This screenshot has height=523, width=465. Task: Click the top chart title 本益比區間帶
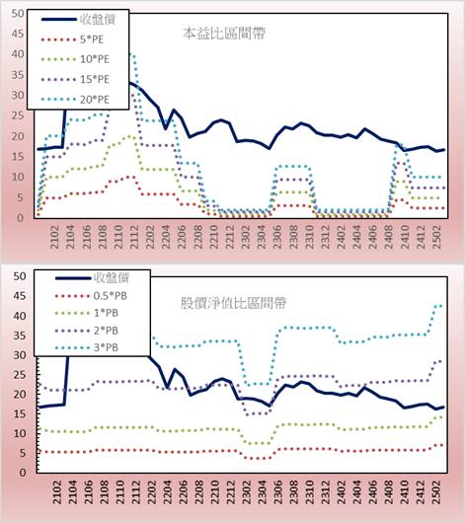pos(224,34)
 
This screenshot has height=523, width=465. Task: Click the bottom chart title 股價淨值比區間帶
pos(233,303)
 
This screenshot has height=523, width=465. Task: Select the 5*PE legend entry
pos(72,39)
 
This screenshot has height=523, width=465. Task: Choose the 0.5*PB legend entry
pos(91,296)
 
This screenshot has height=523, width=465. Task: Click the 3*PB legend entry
pos(87,347)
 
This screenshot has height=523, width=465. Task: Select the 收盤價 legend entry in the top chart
pos(78,20)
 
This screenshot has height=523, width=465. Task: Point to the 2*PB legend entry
pos(87,331)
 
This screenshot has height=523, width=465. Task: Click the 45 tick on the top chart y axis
pos(18,34)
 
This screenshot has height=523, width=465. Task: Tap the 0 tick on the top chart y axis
pos(21,218)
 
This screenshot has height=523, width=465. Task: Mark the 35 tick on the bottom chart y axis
pos(20,336)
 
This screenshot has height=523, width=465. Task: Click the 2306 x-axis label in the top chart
pos(277,237)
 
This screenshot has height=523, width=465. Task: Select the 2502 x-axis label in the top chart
pos(436,237)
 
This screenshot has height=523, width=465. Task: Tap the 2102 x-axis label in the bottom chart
pos(56,492)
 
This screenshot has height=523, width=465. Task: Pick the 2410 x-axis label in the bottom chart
pos(405,492)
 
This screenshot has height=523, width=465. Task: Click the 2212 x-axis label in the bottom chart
pos(230,492)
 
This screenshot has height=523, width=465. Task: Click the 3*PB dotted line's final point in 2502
pos(441,306)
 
